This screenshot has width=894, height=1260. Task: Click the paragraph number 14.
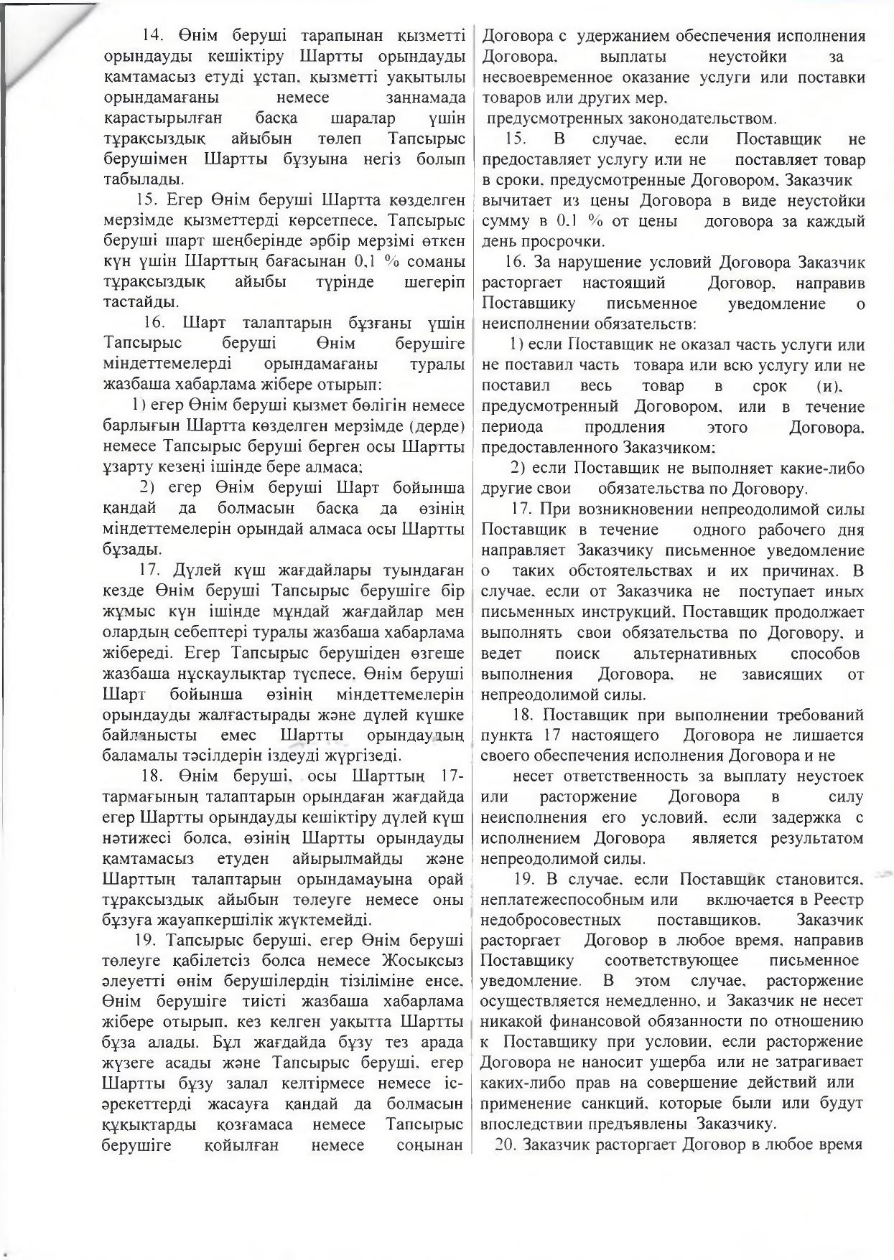click(x=154, y=35)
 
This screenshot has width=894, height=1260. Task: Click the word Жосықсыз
click(x=424, y=960)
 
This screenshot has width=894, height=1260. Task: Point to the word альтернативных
click(x=694, y=654)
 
